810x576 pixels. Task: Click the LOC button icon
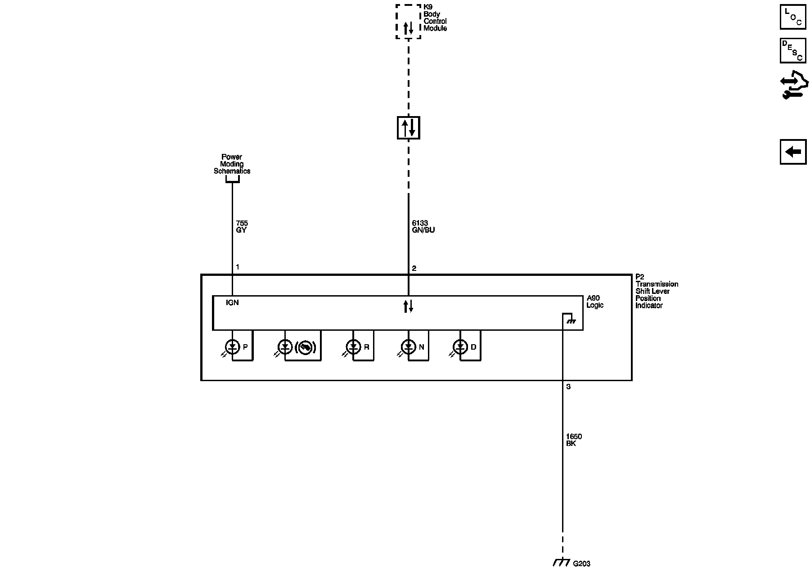point(793,17)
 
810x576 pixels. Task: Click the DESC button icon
point(793,50)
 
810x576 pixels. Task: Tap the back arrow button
point(793,152)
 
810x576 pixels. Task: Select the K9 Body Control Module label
point(435,18)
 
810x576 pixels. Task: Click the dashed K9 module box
point(408,22)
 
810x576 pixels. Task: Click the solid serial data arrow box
point(409,128)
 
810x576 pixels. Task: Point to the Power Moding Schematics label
point(232,164)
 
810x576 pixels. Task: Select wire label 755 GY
point(242,227)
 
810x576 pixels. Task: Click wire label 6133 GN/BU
point(423,227)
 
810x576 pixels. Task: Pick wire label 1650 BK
point(574,440)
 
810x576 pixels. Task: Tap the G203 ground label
point(581,563)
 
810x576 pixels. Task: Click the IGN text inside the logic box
point(232,303)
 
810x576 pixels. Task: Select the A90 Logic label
point(595,301)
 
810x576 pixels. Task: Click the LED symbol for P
point(232,347)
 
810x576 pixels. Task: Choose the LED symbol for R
point(353,347)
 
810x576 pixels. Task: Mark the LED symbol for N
point(408,347)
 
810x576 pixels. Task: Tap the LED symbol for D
point(460,347)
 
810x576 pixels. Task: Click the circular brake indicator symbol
point(306,347)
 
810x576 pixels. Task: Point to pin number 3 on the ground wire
point(568,387)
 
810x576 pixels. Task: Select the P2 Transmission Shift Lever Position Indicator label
point(657,291)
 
